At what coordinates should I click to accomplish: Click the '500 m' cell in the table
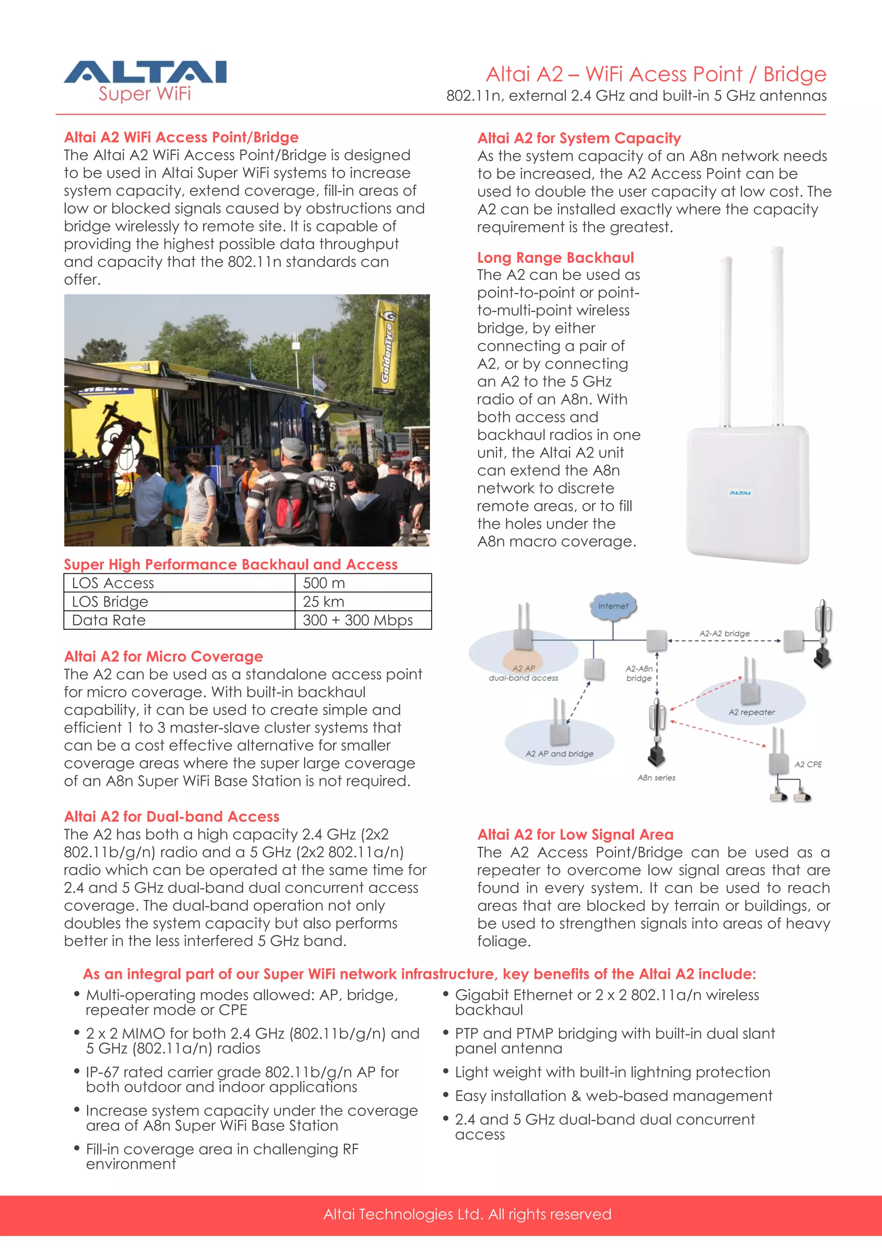point(324,583)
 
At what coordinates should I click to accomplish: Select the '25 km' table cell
point(323,601)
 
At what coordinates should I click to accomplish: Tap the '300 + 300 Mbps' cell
point(357,620)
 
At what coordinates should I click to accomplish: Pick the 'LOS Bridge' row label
point(110,601)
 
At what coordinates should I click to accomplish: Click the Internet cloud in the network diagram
point(613,606)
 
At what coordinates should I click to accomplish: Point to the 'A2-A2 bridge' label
point(724,633)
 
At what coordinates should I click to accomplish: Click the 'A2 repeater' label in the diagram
point(751,712)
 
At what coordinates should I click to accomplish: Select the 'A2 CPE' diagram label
point(807,764)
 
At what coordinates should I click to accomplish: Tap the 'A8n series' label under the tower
point(656,778)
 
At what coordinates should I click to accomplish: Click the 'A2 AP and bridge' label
point(559,754)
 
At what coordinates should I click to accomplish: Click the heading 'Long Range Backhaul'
point(556,258)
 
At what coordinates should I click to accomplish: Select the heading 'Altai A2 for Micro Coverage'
point(163,657)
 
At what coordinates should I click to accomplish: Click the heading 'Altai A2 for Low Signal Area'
point(575,834)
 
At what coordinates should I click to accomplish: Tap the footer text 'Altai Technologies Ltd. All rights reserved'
point(467,1214)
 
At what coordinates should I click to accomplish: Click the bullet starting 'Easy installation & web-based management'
point(613,1096)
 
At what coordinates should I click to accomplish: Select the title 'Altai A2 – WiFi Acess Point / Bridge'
point(655,74)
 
